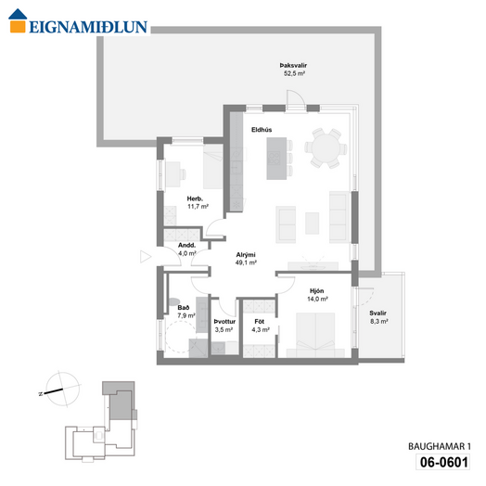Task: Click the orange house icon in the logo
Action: [18, 20]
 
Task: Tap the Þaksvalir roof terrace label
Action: [293, 66]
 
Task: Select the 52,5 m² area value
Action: [294, 73]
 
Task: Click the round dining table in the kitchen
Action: [326, 148]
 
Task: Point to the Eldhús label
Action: [262, 130]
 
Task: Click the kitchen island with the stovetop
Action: [276, 159]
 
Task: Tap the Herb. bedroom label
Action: [195, 198]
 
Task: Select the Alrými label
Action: [246, 255]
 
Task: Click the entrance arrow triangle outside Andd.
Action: [146, 257]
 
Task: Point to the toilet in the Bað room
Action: [174, 301]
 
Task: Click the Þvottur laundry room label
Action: [224, 322]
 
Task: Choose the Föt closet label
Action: [260, 322]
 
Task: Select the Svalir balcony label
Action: [377, 313]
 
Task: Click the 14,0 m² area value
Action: [317, 299]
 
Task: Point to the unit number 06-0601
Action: [443, 462]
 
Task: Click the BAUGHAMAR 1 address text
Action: [440, 446]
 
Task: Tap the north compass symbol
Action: [62, 390]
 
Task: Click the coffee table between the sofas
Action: [313, 224]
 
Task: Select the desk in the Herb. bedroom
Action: [173, 174]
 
